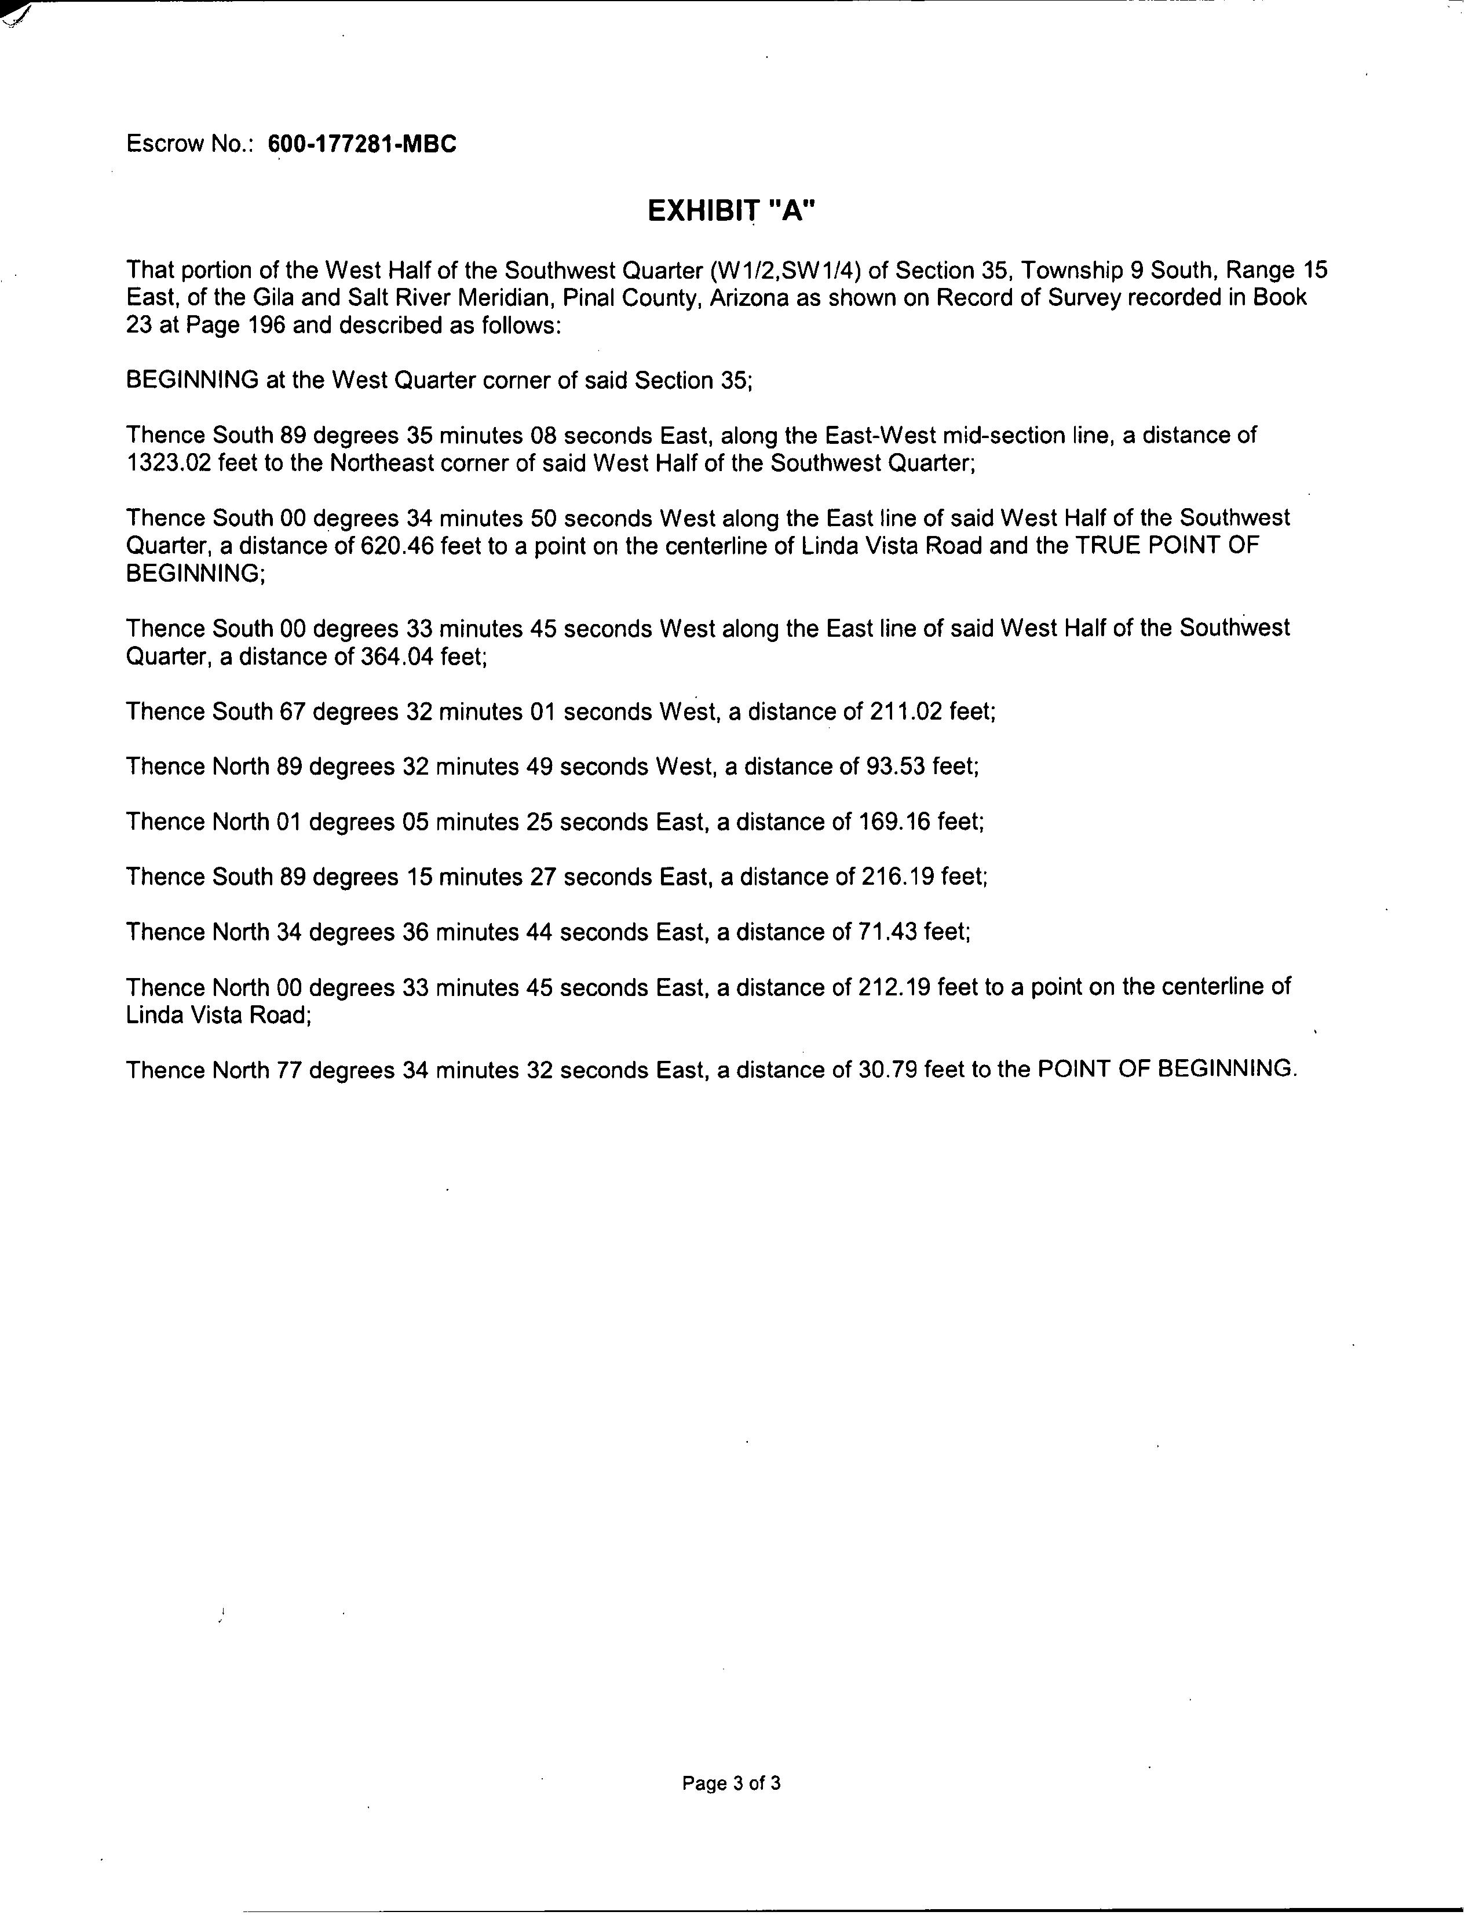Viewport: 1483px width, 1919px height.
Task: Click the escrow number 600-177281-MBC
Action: click(x=362, y=144)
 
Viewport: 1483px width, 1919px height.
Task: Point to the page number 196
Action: click(x=265, y=326)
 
